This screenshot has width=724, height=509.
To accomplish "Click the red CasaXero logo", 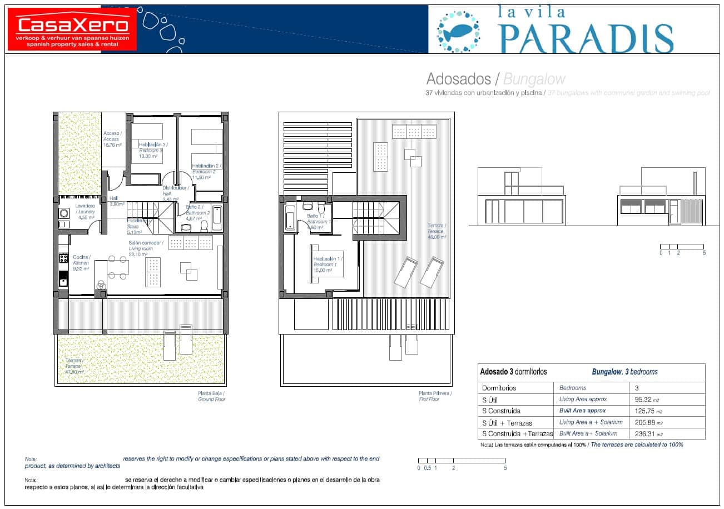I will pyautogui.click(x=73, y=29).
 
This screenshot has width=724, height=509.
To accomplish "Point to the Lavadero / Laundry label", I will pyautogui.click(x=85, y=211).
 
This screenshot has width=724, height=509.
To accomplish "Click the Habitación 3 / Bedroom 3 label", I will pyautogui.click(x=150, y=150).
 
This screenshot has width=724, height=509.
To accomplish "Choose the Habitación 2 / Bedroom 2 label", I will pyautogui.click(x=206, y=171).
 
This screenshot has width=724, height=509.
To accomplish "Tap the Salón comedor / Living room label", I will pyautogui.click(x=146, y=248).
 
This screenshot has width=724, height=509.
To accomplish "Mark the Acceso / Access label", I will pyautogui.click(x=112, y=139).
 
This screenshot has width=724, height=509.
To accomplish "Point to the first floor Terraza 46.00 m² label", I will pyautogui.click(x=437, y=231).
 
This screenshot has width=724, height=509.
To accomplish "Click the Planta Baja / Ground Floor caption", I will pyautogui.click(x=212, y=396).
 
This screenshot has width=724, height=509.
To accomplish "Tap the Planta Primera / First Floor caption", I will pyautogui.click(x=435, y=396).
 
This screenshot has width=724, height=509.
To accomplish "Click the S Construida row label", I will pyautogui.click(x=501, y=411).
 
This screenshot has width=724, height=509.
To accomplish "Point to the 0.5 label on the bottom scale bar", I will pyautogui.click(x=427, y=468).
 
